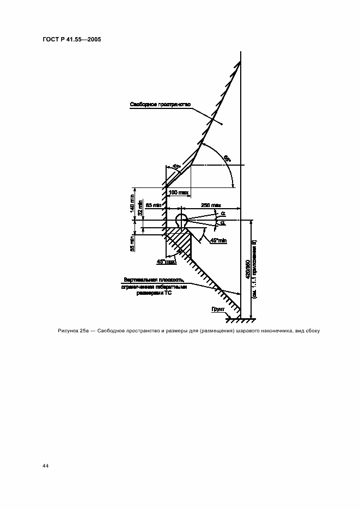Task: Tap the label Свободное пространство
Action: [152, 105]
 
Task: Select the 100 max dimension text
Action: [178, 192]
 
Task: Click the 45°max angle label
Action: [166, 262]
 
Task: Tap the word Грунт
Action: [218, 309]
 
